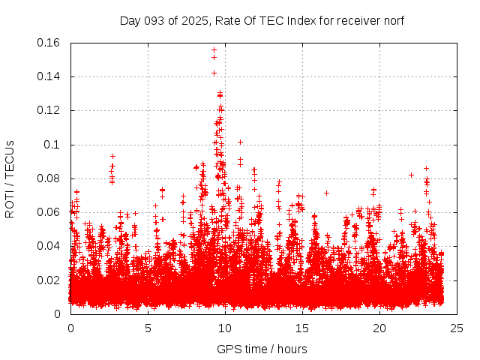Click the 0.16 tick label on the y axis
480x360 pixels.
pyautogui.click(x=49, y=43)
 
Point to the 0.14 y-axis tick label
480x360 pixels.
pyautogui.click(x=49, y=76)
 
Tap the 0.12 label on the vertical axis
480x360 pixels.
pyautogui.click(x=49, y=110)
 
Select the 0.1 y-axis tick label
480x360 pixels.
pyautogui.click(x=54, y=145)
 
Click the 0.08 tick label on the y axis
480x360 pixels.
pyautogui.click(x=49, y=178)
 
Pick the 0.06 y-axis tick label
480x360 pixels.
pyautogui.click(x=49, y=212)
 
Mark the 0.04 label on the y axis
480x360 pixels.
pyautogui.click(x=49, y=246)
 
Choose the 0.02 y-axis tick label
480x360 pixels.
pyautogui.click(x=49, y=280)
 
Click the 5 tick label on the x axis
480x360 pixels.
pyautogui.click(x=148, y=328)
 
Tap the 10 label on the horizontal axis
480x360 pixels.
pyautogui.click(x=225, y=328)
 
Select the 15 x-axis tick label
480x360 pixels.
pyautogui.click(x=302, y=328)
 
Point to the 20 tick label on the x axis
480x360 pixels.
pyautogui.click(x=379, y=328)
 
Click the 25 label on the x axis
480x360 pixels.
pyautogui.click(x=457, y=328)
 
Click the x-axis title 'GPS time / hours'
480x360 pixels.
pyautogui.click(x=262, y=349)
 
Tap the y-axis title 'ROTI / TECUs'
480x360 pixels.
pyautogui.click(x=10, y=178)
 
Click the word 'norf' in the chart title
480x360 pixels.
pyautogui.click(x=393, y=20)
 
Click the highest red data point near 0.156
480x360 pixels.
pyautogui.click(x=214, y=50)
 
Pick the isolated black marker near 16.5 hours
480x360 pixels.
pyautogui.click(x=326, y=193)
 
